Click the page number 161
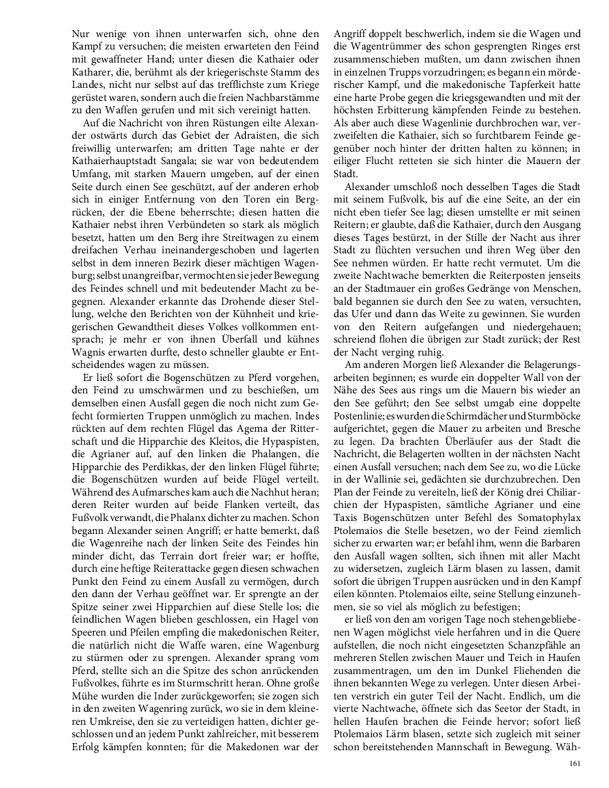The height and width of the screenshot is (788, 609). click(x=574, y=764)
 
